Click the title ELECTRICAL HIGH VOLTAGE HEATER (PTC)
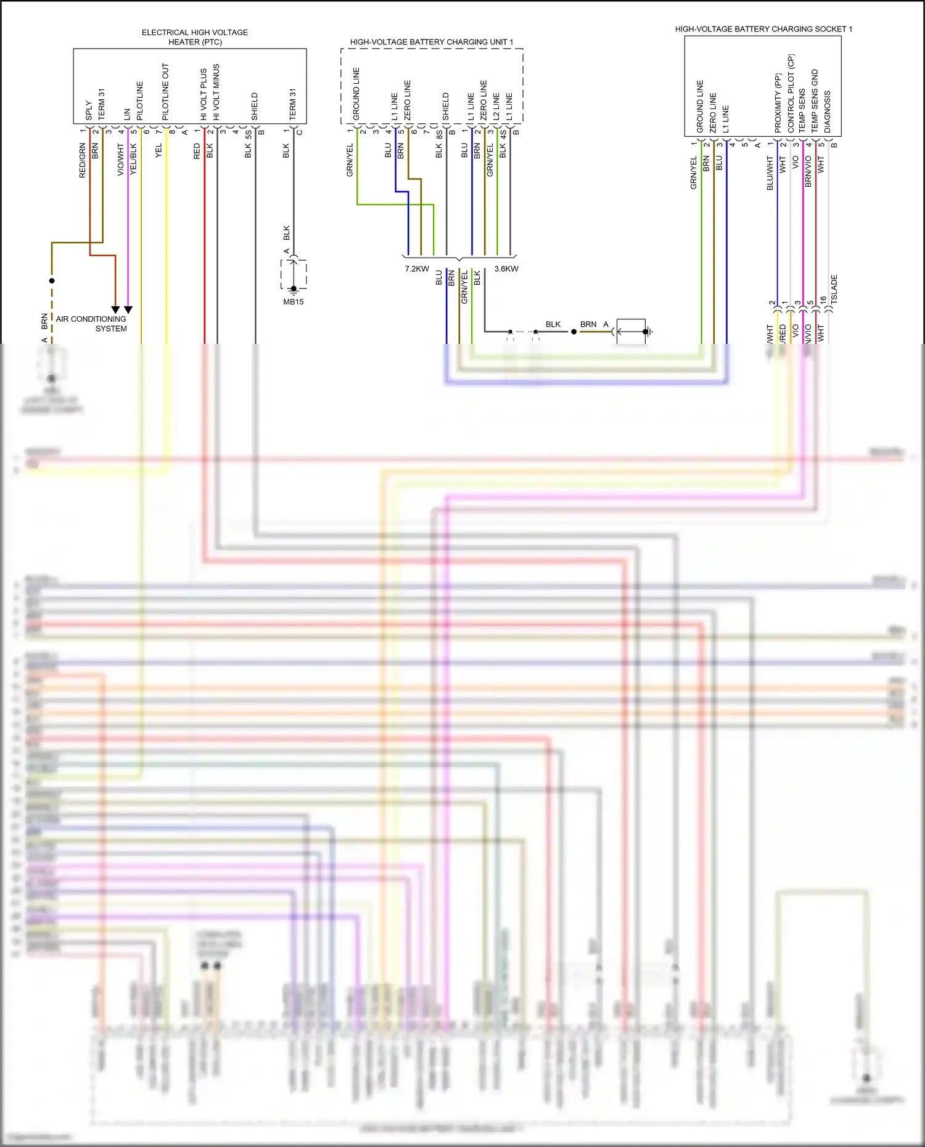point(195,37)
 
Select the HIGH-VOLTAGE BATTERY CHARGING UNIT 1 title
point(431,42)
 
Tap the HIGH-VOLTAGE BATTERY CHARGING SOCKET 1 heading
point(763,29)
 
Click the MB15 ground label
point(294,301)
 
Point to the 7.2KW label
point(417,269)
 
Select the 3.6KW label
point(506,269)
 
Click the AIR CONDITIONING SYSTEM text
point(92,324)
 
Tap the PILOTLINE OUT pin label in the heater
point(165,92)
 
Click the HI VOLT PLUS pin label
point(203,94)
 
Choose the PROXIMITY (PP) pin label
point(778,103)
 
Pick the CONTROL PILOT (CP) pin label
point(791,93)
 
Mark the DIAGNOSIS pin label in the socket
point(827,112)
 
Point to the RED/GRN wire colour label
point(82,161)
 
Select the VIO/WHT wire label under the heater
point(121,160)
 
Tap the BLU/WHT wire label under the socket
point(770,173)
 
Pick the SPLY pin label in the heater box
point(89,111)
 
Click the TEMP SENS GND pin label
point(814,100)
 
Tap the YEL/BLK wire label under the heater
point(134,159)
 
